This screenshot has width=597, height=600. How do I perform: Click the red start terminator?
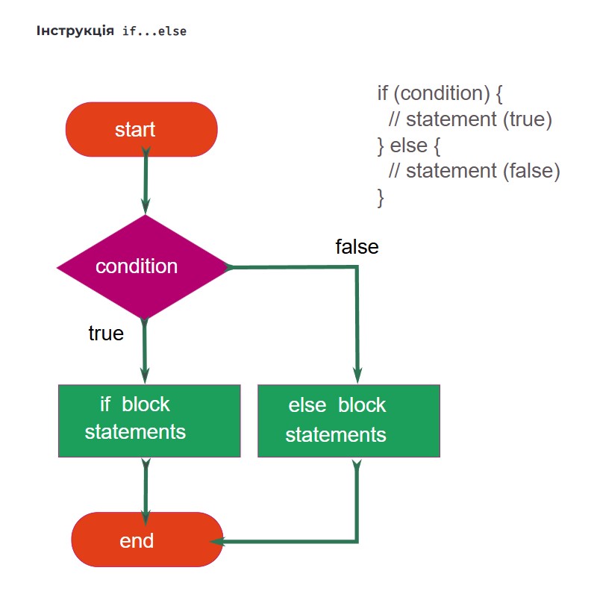142,129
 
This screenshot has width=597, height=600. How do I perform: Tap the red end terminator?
147,540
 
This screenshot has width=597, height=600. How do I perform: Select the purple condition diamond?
143,266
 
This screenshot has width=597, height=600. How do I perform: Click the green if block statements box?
149,421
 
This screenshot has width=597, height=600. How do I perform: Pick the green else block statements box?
348,421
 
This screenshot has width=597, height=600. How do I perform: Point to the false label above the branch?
357,247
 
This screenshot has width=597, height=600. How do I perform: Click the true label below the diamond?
106,334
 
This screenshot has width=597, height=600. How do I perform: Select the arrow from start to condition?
146,181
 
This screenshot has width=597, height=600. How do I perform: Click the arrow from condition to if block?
145,351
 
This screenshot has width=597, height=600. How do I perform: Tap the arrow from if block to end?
146,493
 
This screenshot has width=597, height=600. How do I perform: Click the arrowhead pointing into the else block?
357,375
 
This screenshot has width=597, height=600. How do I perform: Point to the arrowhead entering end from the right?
217,542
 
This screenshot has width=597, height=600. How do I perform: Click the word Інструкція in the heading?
75,31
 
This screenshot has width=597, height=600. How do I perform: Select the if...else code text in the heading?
154,31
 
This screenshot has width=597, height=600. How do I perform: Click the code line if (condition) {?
440,93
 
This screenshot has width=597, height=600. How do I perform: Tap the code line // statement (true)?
470,119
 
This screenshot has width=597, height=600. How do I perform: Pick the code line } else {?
409,146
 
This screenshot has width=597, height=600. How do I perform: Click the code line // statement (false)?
475,171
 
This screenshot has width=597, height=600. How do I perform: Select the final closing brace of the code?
381,198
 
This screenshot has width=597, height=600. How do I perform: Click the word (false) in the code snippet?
531,171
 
